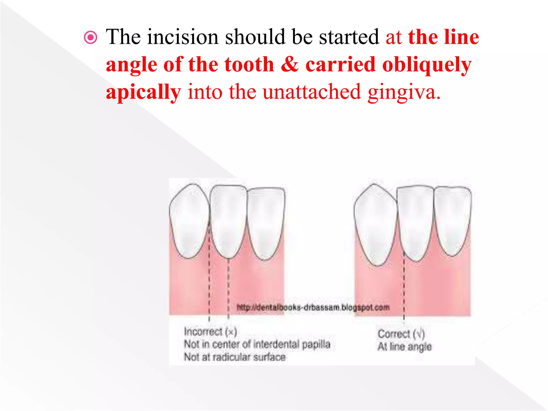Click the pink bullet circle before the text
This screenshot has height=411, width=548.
click(x=90, y=37)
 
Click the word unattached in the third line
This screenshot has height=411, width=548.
click(x=312, y=92)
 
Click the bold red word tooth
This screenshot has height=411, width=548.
click(x=249, y=65)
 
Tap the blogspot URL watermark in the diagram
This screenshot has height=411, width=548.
click(x=313, y=307)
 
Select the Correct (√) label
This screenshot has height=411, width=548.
click(x=401, y=334)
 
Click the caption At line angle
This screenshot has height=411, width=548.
click(x=405, y=347)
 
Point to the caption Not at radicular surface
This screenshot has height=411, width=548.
click(x=235, y=357)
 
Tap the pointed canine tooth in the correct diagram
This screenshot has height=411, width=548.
click(x=376, y=225)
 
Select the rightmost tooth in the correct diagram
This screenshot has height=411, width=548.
click(x=452, y=219)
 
